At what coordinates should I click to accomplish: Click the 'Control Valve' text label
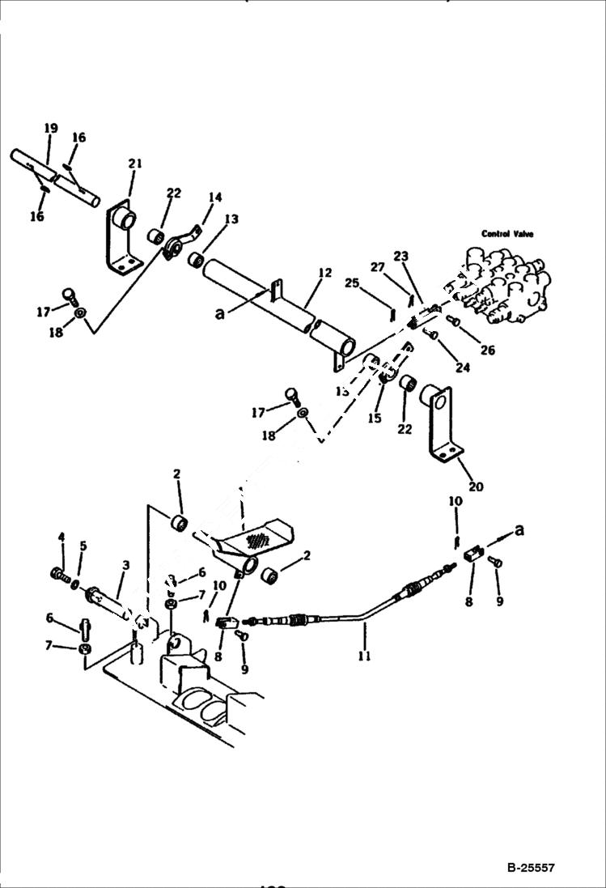(x=507, y=234)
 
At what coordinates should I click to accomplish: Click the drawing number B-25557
(x=532, y=868)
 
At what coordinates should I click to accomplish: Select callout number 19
(x=51, y=128)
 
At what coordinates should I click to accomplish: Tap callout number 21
(x=134, y=164)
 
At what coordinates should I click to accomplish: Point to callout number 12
(x=324, y=274)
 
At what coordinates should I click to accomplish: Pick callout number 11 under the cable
(x=364, y=656)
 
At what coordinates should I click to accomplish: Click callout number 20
(x=476, y=486)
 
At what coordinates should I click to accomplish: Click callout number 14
(x=214, y=197)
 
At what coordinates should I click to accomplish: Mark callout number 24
(x=462, y=368)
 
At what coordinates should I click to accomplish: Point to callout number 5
(x=82, y=546)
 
